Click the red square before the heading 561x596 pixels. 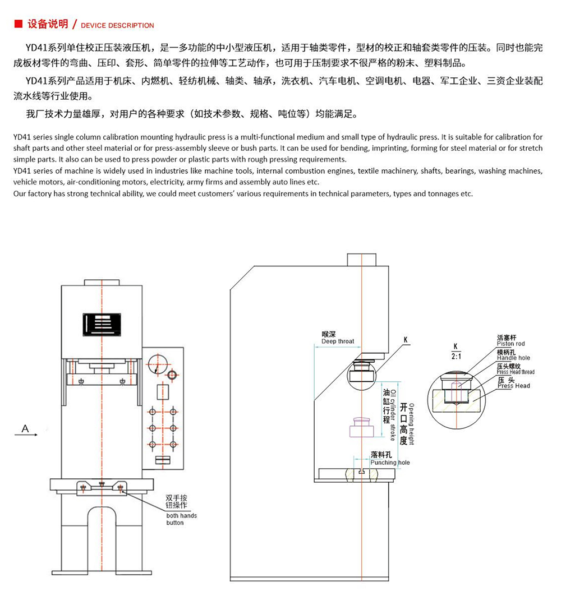[19, 24]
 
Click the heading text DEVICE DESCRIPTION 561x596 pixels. [117, 25]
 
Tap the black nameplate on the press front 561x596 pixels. [102, 325]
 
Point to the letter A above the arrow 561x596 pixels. [25, 428]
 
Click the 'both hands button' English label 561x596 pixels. [181, 519]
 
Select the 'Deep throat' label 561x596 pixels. [338, 341]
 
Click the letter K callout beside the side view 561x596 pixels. [406, 339]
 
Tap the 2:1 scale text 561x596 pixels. [456, 356]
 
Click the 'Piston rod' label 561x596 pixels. [511, 344]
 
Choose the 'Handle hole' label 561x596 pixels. [513, 358]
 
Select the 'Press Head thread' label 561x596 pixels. [516, 372]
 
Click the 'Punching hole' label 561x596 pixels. [390, 463]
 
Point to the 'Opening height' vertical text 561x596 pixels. [412, 424]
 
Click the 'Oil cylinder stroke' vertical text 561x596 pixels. [393, 415]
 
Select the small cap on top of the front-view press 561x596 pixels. [102, 283]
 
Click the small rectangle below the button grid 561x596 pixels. [163, 460]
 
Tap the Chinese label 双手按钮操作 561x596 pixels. [177, 502]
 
